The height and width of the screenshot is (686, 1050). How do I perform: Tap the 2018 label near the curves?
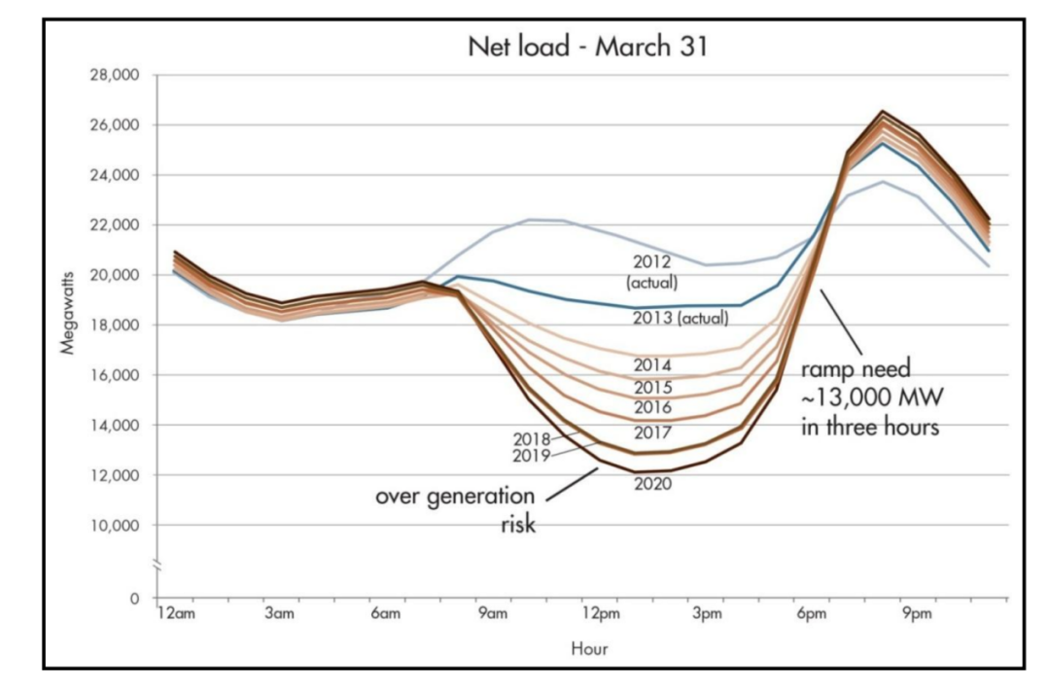click(x=533, y=438)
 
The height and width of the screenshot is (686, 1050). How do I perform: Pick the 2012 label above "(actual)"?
click(x=652, y=262)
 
